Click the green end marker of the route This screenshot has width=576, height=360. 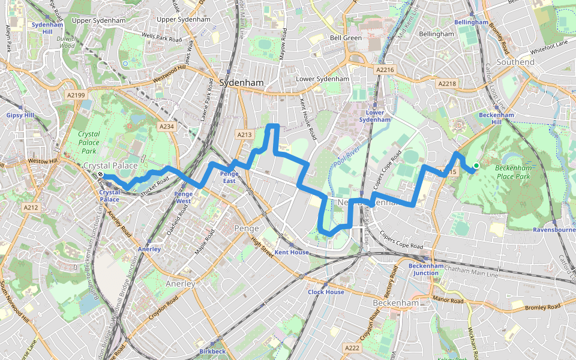[476, 166]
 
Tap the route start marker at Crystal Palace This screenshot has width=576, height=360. [101, 175]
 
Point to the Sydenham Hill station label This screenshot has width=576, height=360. [43, 28]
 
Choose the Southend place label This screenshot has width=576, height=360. [515, 62]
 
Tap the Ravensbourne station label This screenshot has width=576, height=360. [554, 229]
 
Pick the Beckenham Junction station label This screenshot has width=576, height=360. [426, 269]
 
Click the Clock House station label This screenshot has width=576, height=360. [326, 292]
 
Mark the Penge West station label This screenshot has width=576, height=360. [183, 197]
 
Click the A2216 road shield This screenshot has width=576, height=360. [385, 70]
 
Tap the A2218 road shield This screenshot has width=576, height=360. [447, 83]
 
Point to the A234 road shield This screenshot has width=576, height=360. [166, 127]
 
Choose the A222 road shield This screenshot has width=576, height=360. [352, 348]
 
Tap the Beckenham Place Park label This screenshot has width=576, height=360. [513, 172]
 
